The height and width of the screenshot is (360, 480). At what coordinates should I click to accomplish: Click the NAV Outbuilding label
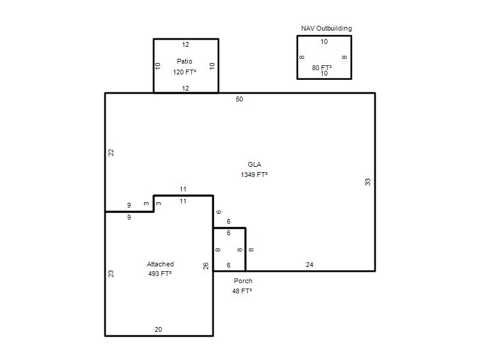point(326,28)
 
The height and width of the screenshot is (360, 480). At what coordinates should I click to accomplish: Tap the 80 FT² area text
point(322,68)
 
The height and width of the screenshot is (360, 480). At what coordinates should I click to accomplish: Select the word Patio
point(185,61)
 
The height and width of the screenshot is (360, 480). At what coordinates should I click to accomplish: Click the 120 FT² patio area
point(185,72)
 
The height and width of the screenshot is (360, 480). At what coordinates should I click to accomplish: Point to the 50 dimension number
point(239,99)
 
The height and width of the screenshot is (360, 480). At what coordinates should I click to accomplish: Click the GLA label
point(254,164)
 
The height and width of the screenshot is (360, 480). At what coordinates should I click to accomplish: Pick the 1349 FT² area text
point(254,175)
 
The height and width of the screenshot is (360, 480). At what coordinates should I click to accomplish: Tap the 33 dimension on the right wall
point(368,182)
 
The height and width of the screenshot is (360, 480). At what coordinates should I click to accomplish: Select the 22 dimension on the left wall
point(111,152)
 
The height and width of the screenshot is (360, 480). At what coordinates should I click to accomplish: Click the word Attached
point(160,264)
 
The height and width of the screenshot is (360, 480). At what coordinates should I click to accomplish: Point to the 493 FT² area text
point(160,274)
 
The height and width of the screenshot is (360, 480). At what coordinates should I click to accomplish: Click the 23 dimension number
point(111,274)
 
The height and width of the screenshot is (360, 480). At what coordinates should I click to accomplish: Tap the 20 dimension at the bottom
point(158,329)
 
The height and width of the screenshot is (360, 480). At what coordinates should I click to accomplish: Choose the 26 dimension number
point(206,266)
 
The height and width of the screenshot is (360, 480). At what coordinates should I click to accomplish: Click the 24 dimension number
point(310,265)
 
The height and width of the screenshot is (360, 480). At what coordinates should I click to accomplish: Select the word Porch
point(243,281)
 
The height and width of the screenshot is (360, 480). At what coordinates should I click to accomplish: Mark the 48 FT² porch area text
point(242,291)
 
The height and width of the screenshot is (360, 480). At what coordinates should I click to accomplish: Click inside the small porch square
point(229,250)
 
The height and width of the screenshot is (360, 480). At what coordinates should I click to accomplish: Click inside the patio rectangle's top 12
point(185,44)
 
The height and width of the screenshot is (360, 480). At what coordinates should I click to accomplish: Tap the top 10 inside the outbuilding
point(324,41)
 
